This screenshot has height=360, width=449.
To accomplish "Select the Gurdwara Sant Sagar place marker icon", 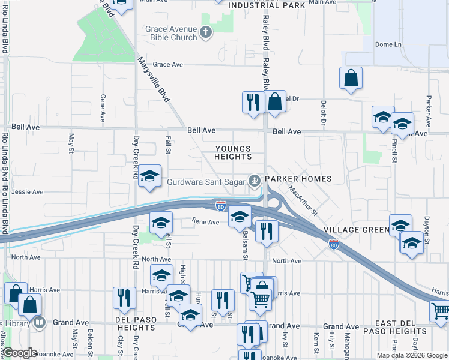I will (x=255, y=179).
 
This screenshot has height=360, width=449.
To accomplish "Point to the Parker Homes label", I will (x=298, y=179).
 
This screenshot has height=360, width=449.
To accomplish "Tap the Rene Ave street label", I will (x=206, y=223).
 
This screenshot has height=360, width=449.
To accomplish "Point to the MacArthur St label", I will (x=302, y=200).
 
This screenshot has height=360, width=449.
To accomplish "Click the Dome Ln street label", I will (x=388, y=44).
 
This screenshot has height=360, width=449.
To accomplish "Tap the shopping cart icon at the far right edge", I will (x=441, y=311).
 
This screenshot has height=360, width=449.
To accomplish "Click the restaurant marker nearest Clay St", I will (x=124, y=298).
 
